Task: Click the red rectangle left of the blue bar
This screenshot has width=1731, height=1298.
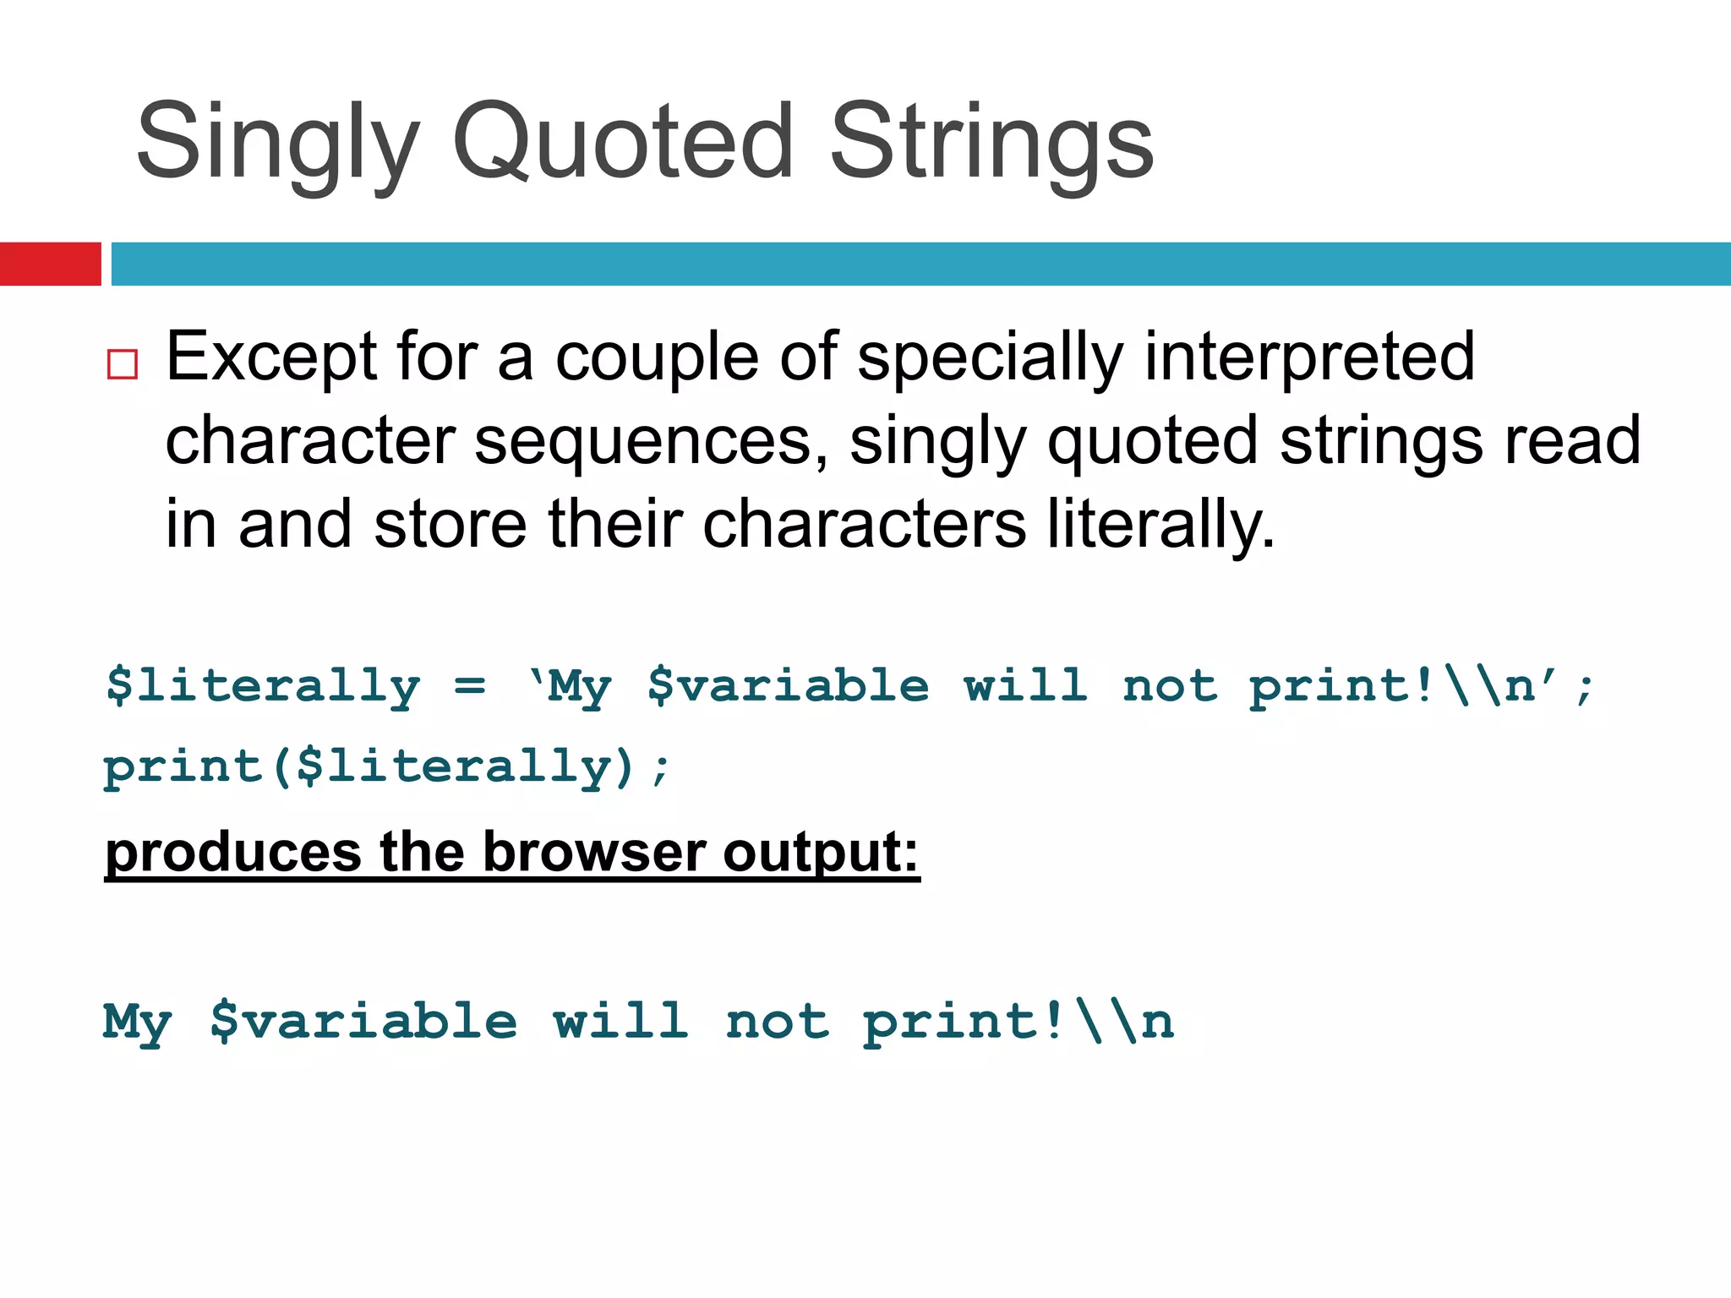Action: click(x=50, y=264)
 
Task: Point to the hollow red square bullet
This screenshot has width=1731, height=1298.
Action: click(x=123, y=364)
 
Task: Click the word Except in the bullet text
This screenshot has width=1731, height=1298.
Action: click(x=270, y=358)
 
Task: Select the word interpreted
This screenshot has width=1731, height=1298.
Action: click(x=1309, y=358)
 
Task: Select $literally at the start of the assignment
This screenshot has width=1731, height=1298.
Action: click(x=263, y=686)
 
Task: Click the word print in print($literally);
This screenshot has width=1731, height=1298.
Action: click(x=182, y=767)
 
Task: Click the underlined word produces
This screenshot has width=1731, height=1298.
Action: click(x=233, y=854)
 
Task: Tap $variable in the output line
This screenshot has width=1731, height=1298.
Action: click(x=363, y=1022)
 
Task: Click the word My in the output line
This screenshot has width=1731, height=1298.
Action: click(x=137, y=1023)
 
